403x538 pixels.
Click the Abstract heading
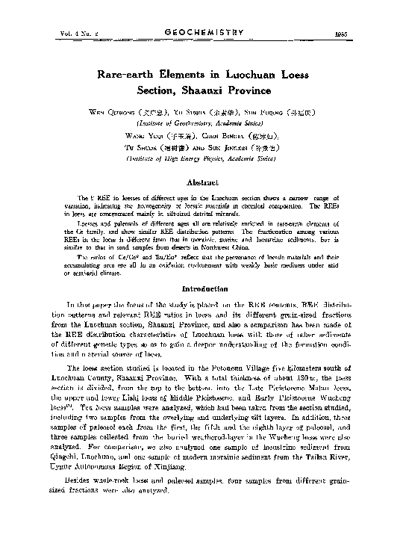click(x=201, y=182)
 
